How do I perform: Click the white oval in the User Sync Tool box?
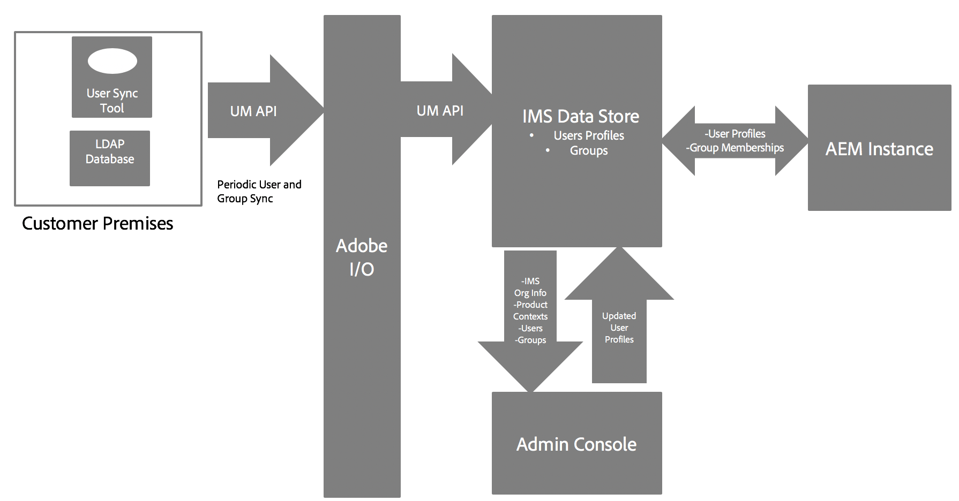point(112,61)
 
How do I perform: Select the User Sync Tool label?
point(112,101)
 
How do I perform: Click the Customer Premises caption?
point(98,223)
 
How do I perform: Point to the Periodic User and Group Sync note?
point(259,192)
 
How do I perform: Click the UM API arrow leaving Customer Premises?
point(253,111)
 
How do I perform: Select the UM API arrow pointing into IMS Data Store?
point(440,111)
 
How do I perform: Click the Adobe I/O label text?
point(362,257)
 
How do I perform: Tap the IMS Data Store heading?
point(581,116)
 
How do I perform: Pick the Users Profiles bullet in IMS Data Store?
point(589,135)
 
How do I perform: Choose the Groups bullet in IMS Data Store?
point(589,150)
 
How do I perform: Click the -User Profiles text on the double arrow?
point(735,134)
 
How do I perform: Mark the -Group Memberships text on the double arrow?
point(735,148)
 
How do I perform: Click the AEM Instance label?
point(879,149)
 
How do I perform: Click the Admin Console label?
point(576,444)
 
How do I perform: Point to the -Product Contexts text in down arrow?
point(530,310)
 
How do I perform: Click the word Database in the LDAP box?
point(110,159)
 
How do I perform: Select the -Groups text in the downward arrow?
point(530,340)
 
